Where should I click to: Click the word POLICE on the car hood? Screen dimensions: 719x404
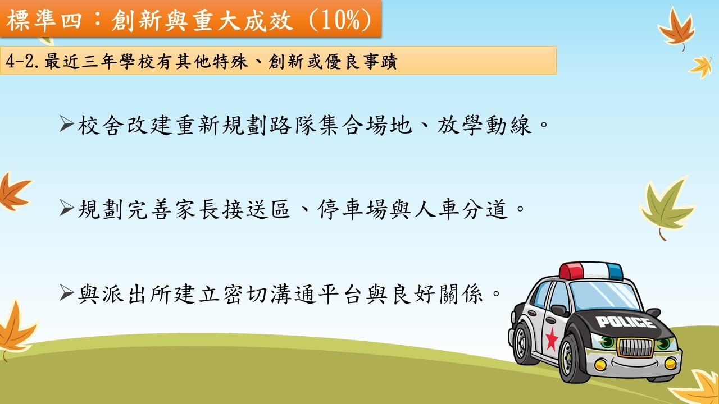626,322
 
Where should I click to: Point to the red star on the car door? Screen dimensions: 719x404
552,339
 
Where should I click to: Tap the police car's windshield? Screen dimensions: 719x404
603,296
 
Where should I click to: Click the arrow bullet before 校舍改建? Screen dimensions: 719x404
67,124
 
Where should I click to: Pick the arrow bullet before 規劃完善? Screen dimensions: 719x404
67,208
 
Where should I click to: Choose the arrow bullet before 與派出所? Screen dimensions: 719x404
67,293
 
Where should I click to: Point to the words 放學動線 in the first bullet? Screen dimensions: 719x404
484,125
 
